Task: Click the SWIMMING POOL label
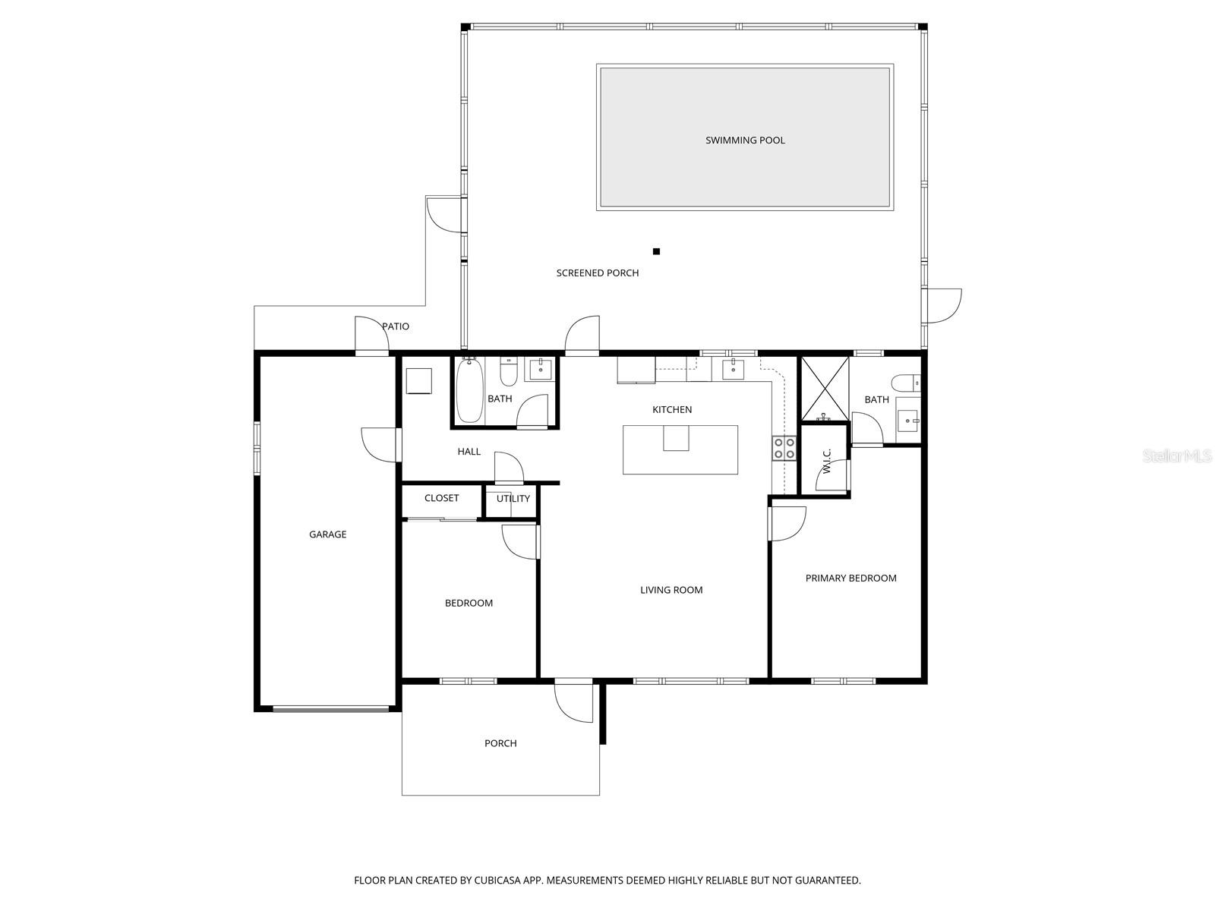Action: click(x=745, y=140)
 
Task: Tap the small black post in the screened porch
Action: click(x=657, y=251)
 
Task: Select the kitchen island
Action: click(x=680, y=450)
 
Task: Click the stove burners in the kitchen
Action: click(x=784, y=448)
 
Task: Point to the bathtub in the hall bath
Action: click(x=469, y=391)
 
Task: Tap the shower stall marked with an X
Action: click(x=825, y=389)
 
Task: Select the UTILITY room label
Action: click(x=513, y=499)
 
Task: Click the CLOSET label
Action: click(x=441, y=498)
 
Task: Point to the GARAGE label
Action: click(x=327, y=534)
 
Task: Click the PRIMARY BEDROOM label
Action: click(x=850, y=578)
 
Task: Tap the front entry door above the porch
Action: click(x=573, y=700)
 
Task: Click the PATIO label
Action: click(x=396, y=326)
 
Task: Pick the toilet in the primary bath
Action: click(x=906, y=383)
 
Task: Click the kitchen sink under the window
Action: click(x=733, y=370)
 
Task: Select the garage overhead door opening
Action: click(x=330, y=709)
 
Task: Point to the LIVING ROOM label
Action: click(x=671, y=590)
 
